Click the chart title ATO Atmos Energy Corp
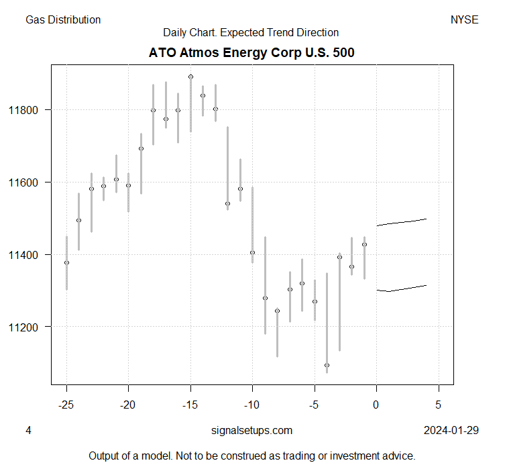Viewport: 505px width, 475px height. click(x=251, y=52)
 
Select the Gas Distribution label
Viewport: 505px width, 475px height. click(x=63, y=20)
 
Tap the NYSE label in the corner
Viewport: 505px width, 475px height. click(x=464, y=20)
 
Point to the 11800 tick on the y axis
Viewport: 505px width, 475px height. click(x=31, y=110)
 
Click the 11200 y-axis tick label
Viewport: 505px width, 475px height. click(x=31, y=327)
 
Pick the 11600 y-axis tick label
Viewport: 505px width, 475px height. click(x=31, y=182)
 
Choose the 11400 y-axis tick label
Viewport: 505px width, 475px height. click(x=31, y=255)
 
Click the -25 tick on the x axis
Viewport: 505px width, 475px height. click(x=66, y=405)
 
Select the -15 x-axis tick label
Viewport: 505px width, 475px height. click(x=190, y=405)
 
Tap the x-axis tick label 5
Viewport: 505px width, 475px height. click(x=439, y=405)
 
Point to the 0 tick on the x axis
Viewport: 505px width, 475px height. click(x=377, y=405)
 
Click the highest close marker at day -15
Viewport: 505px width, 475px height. click(x=190, y=76)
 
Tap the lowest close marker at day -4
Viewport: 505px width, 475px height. click(x=327, y=365)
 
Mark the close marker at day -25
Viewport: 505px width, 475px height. click(x=66, y=262)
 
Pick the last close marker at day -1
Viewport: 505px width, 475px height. click(x=364, y=244)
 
